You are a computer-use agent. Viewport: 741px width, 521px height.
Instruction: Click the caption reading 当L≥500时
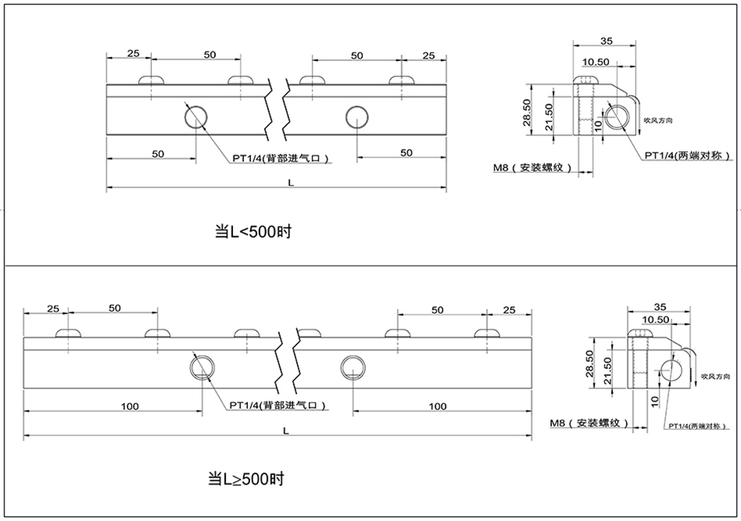[246, 479]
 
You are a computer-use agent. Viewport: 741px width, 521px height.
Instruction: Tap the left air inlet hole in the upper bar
[195, 117]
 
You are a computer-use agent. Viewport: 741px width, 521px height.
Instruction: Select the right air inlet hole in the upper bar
[357, 117]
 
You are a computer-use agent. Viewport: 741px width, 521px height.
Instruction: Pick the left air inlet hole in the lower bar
[202, 367]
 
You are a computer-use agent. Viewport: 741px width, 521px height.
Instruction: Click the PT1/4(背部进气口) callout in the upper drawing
[282, 159]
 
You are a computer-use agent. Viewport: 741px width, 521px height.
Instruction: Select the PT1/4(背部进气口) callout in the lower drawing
[276, 404]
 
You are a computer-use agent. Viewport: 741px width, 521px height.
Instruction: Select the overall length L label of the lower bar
[286, 431]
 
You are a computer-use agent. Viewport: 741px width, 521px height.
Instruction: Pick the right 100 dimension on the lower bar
[437, 406]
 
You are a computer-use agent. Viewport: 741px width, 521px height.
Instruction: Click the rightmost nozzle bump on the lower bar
[486, 333]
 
